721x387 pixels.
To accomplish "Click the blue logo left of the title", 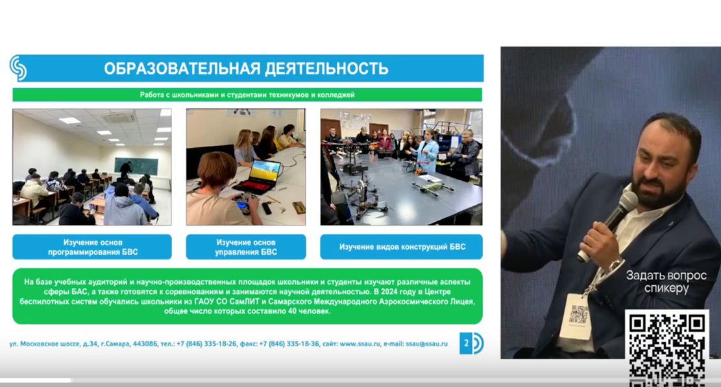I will [x=18, y=68].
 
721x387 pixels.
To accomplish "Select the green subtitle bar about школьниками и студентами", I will [x=247, y=95].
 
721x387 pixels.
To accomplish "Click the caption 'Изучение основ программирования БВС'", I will [x=92, y=247].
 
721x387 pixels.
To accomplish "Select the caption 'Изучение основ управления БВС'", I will [x=246, y=247].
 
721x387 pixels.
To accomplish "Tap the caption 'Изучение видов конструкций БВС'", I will [x=402, y=247].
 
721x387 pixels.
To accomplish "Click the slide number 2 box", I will [x=465, y=344].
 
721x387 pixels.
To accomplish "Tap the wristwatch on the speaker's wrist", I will [x=613, y=266].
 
